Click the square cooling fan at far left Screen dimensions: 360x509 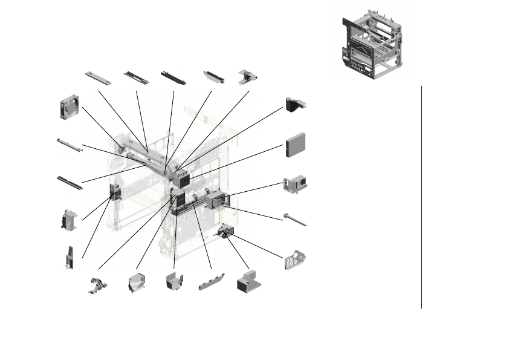tap(71, 107)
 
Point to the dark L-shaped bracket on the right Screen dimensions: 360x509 tap(296, 104)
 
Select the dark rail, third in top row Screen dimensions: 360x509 tap(173, 77)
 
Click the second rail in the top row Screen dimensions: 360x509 tap(136, 77)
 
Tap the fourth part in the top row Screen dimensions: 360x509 tap(215, 77)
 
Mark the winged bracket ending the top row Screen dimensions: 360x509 tap(248, 76)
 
